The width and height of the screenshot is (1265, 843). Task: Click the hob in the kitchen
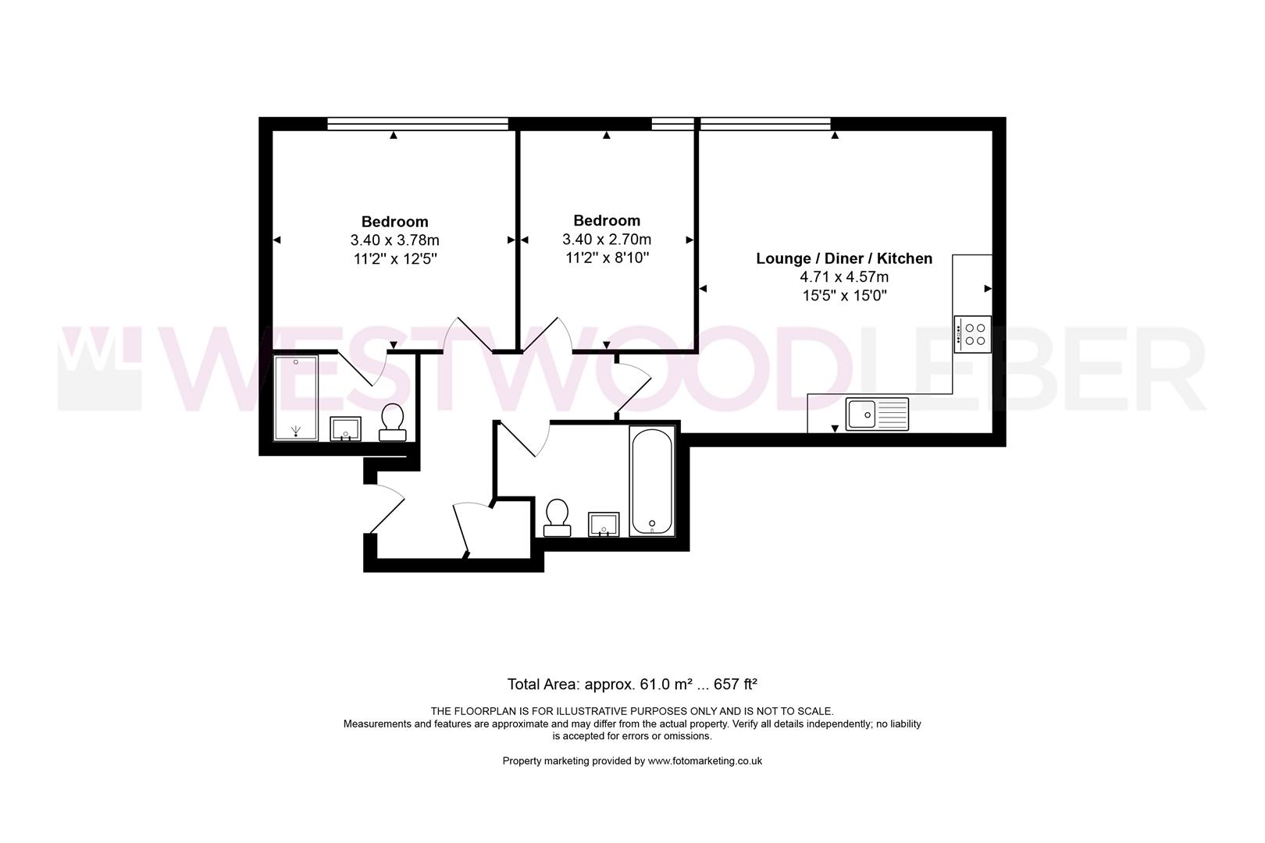972,334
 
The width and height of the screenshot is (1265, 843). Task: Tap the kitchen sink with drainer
877,414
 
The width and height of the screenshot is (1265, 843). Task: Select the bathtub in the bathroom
652,481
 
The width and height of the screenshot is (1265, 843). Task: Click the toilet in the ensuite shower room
393,422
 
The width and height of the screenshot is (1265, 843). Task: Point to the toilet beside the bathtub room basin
557,518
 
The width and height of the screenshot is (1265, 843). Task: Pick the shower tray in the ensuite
296,397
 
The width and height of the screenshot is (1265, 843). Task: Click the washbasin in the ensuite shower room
345,429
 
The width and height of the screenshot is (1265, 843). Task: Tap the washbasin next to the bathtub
604,524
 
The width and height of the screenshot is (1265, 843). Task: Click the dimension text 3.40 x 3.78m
395,240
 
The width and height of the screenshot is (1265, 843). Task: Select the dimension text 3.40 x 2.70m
607,239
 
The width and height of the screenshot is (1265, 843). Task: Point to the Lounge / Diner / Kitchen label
843,258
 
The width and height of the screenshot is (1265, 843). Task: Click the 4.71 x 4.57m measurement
843,276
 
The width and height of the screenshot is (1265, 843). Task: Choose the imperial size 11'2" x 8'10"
607,258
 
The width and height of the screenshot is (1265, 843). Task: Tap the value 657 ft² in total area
736,684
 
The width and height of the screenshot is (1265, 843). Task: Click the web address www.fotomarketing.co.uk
705,760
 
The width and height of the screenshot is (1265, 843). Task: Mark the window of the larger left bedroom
418,123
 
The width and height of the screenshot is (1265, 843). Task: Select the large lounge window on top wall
765,123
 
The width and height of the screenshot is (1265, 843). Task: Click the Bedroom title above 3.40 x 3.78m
395,222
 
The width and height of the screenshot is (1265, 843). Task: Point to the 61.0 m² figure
666,684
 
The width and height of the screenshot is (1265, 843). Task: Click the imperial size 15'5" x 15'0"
844,295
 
